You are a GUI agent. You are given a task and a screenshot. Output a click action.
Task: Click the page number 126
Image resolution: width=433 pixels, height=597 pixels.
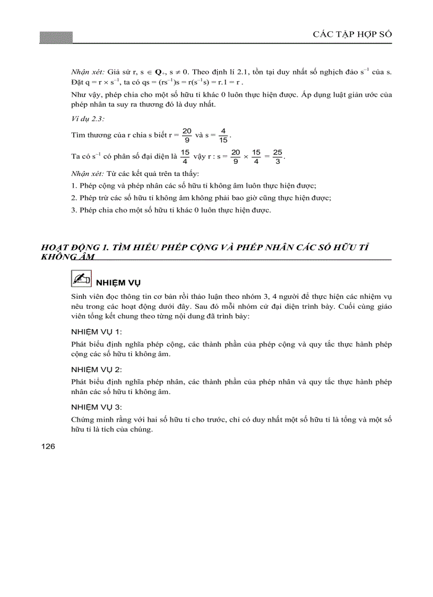click(x=48, y=447)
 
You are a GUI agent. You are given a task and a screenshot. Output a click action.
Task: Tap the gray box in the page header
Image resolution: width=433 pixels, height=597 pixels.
click(x=56, y=37)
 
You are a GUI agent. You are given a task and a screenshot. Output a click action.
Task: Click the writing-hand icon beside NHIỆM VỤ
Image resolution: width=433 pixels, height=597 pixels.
click(x=81, y=279)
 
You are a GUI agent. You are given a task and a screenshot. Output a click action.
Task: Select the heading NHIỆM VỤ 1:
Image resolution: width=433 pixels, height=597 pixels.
click(x=97, y=331)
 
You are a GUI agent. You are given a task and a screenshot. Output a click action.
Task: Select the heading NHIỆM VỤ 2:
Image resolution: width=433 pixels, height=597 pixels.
click(x=97, y=368)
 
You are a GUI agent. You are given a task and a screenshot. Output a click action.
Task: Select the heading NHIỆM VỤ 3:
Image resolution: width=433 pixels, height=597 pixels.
click(x=97, y=407)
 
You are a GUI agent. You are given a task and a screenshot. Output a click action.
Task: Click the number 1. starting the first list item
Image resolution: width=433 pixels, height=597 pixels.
click(x=74, y=186)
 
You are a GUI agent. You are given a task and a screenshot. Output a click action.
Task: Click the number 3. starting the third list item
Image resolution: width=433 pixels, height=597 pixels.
click(x=74, y=210)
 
